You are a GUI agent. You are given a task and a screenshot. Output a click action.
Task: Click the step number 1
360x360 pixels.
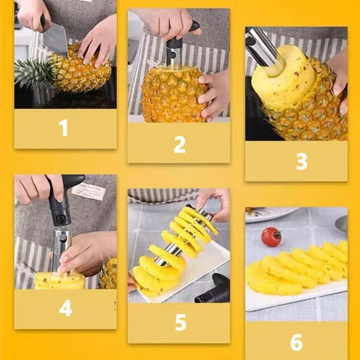[64, 128]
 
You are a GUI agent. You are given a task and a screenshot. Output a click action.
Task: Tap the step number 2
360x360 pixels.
[179, 144]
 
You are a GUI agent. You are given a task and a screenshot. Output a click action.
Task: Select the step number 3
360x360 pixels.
[301, 161]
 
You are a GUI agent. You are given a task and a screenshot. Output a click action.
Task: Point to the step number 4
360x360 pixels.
[65, 309]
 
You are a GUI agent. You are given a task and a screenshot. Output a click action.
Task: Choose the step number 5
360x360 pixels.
[180, 323]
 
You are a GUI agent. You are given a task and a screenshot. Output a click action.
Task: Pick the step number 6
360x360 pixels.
[296, 341]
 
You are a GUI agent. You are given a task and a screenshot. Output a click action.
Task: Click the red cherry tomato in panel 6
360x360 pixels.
[271, 236]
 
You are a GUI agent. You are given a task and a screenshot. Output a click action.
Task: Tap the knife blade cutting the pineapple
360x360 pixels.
[54, 37]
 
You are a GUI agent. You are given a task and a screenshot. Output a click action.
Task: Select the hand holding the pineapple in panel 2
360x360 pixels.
[214, 93]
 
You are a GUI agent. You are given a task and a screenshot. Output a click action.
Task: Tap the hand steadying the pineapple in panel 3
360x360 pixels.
[339, 79]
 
